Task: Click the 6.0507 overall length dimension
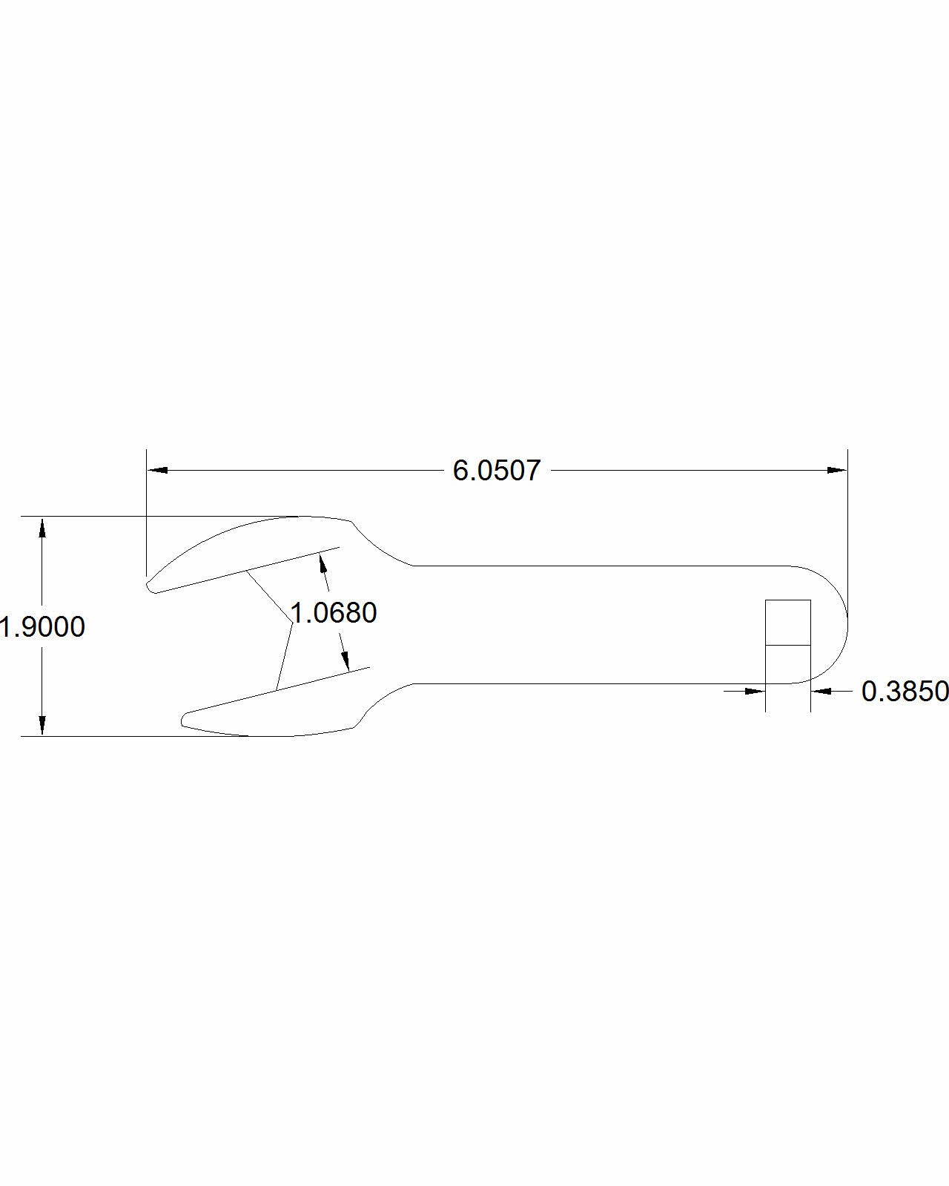(497, 471)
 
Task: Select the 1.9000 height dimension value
(43, 627)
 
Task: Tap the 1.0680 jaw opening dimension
(334, 613)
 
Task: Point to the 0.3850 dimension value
(905, 692)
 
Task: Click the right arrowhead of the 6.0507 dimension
(837, 470)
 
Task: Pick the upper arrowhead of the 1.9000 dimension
(43, 527)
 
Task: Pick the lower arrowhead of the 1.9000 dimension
(43, 725)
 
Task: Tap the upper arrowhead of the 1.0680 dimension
(323, 563)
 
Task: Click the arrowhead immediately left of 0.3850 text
(821, 692)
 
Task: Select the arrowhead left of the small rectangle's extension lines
(755, 692)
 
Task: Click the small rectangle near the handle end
(788, 623)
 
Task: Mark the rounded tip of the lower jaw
(185, 719)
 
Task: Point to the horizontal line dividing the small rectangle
(788, 645)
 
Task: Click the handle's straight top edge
(593, 566)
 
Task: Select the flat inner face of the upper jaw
(245, 571)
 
